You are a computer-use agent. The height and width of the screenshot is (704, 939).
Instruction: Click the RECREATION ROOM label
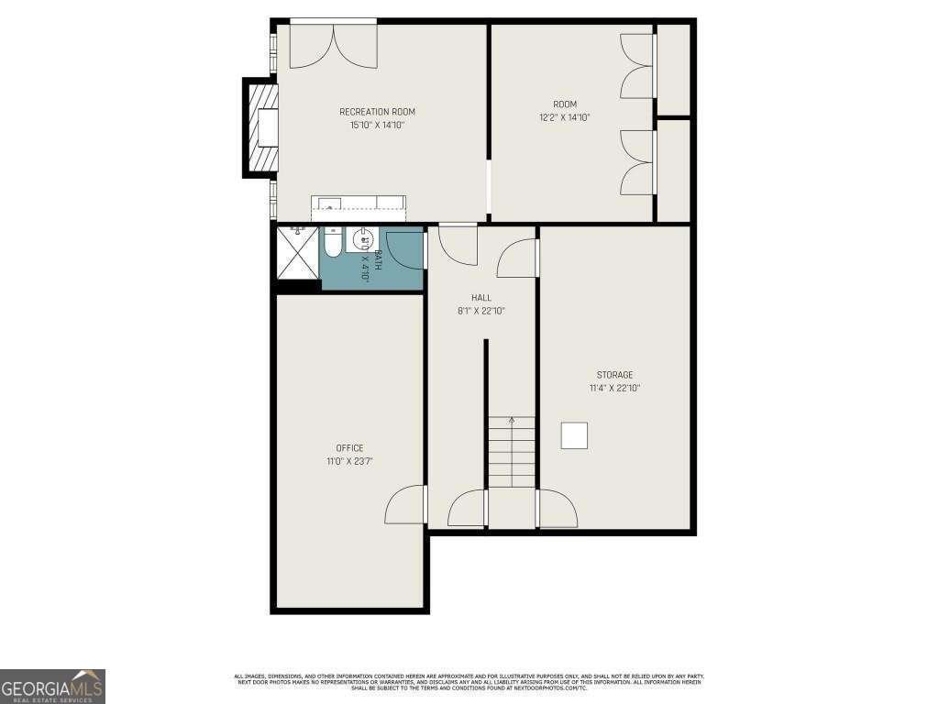377,112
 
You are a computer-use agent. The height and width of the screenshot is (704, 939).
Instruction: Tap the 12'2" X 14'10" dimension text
564,117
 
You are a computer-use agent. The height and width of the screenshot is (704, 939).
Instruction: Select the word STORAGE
614,375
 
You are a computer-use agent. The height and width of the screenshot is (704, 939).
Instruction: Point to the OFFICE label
349,448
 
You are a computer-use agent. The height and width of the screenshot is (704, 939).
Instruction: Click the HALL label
481,298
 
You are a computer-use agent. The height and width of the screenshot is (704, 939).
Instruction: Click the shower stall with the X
298,256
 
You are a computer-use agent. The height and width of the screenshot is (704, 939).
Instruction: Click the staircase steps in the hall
511,453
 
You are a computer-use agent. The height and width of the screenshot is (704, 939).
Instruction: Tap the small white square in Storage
575,435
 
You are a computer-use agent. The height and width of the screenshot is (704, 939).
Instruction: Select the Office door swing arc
404,505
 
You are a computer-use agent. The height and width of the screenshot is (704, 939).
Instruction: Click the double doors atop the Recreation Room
333,46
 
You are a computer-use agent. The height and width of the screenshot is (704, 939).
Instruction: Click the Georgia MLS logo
52,686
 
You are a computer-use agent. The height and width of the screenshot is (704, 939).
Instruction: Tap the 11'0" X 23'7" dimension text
349,461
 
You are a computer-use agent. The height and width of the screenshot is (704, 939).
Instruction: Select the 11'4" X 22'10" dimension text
614,388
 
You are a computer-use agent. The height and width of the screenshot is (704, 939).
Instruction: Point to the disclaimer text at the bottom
469,682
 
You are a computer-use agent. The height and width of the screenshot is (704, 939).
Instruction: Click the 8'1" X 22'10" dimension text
481,311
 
